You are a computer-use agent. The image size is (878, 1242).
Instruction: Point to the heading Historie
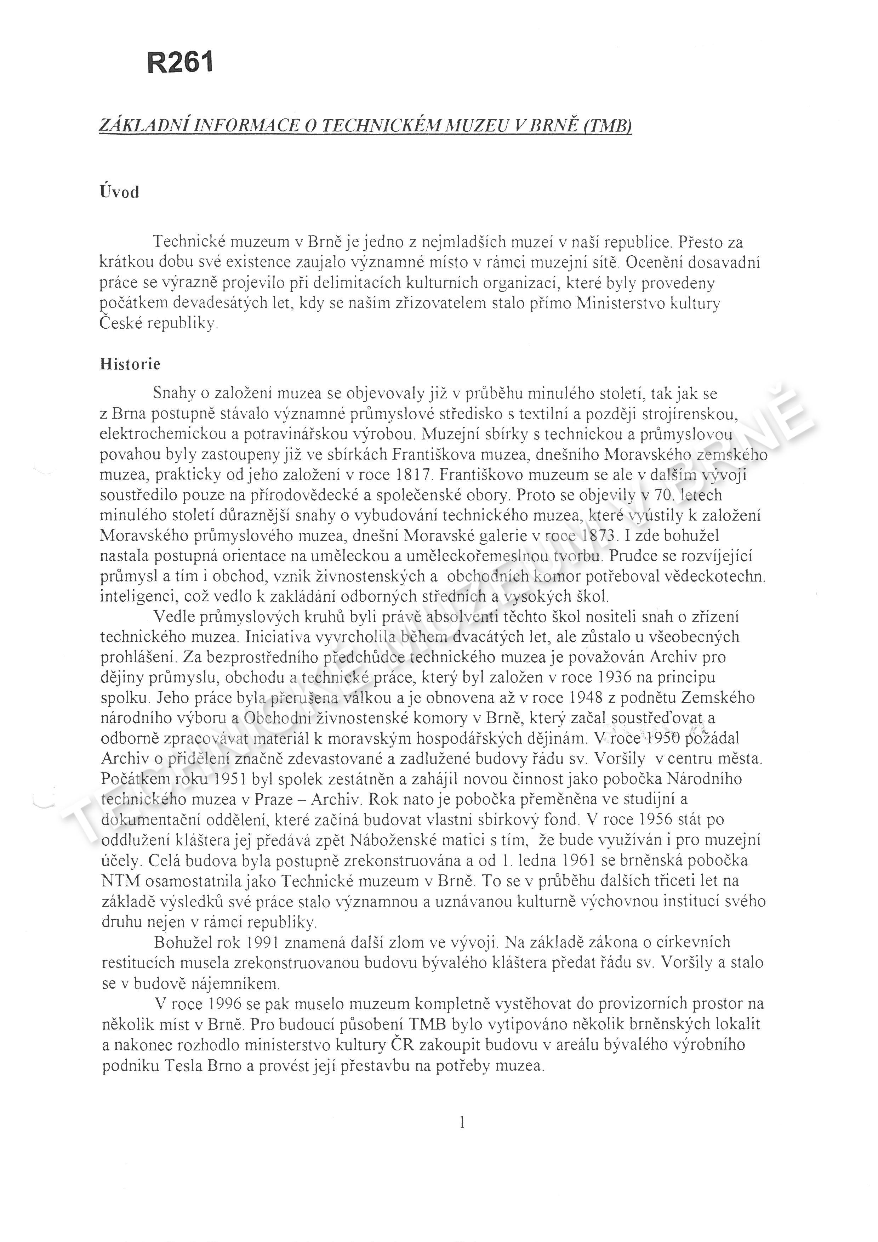click(130, 364)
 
